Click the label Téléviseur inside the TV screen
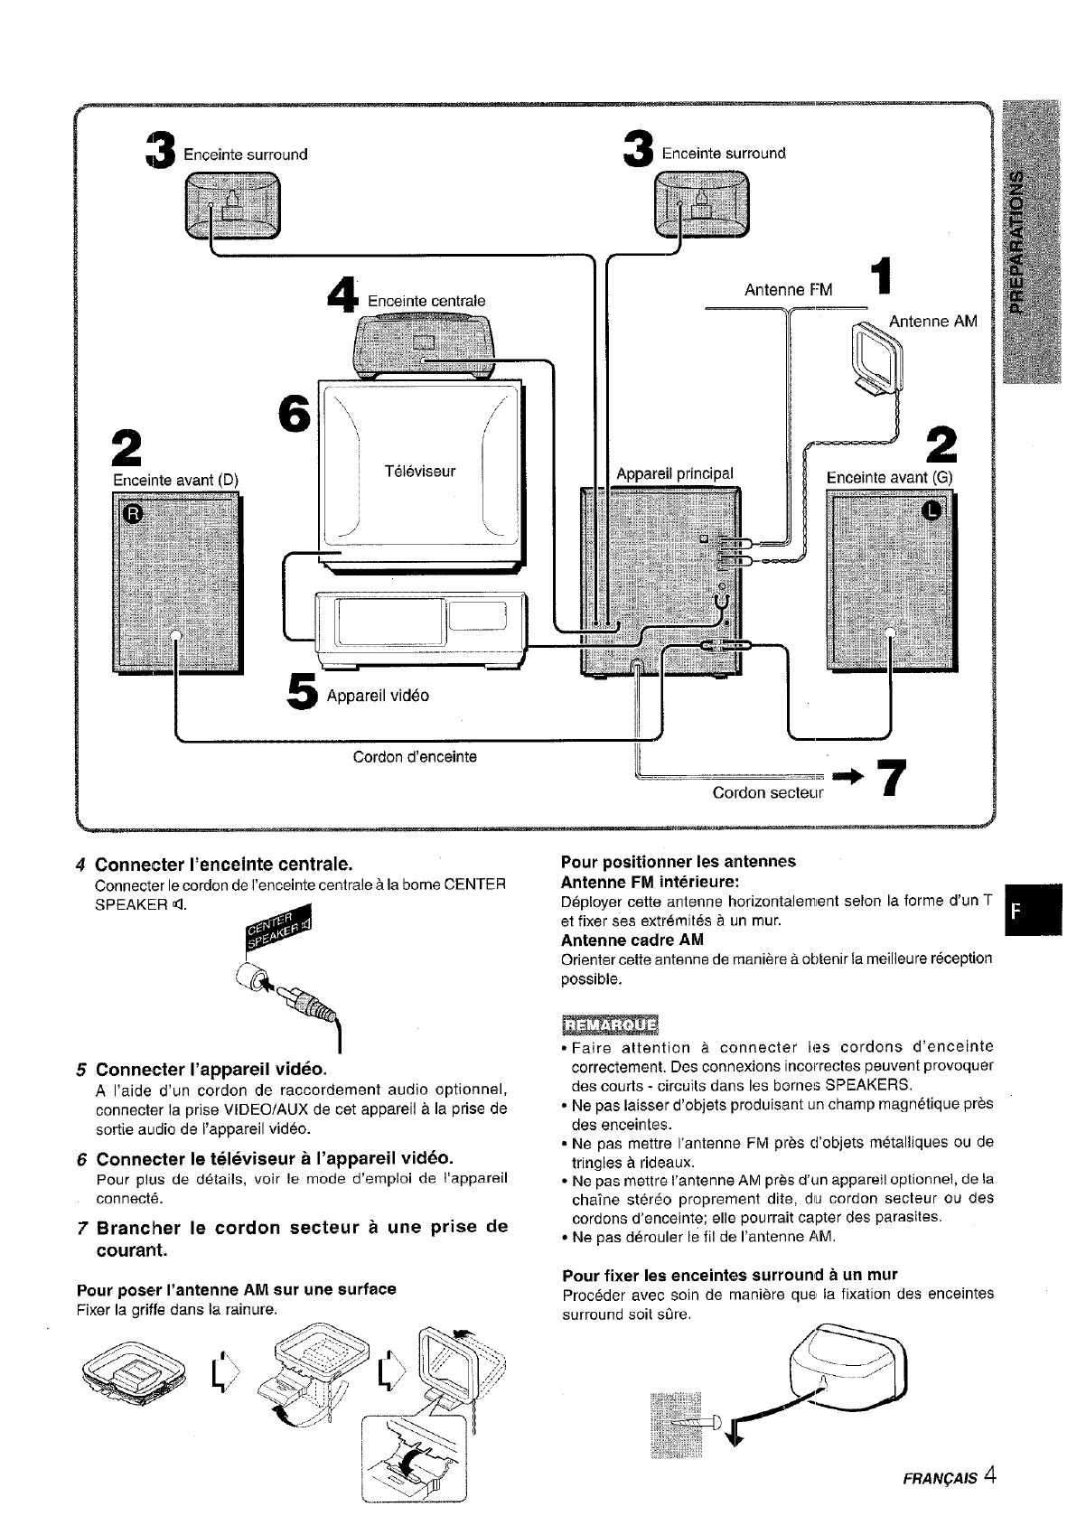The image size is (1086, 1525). point(420,472)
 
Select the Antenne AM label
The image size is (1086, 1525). point(932,322)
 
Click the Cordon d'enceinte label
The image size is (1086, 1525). point(415,756)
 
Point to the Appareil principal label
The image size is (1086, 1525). point(675,473)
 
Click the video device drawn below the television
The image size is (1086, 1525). point(420,625)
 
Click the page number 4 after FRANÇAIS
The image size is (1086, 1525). point(990,1476)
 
